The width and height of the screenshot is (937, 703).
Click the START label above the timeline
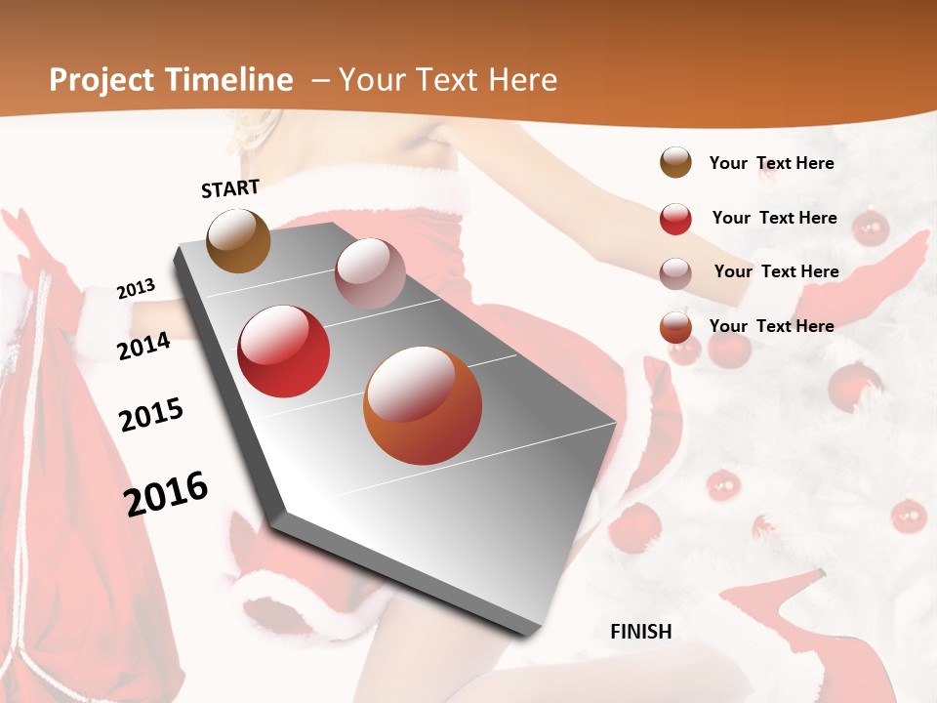(x=230, y=188)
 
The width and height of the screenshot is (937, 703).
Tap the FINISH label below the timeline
(x=641, y=632)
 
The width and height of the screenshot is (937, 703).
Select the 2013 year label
(x=136, y=289)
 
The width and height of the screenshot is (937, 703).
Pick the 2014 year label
(x=143, y=346)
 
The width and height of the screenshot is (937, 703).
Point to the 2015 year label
(x=151, y=415)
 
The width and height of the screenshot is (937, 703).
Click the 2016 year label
(x=166, y=493)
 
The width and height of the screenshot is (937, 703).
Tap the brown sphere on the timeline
(x=238, y=240)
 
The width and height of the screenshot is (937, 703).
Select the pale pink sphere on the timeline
(x=370, y=272)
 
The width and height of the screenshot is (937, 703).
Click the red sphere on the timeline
(x=284, y=351)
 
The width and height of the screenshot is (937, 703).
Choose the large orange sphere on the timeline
(x=423, y=405)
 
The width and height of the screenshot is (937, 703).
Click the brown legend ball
(x=675, y=163)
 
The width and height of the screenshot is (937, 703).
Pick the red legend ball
(x=675, y=219)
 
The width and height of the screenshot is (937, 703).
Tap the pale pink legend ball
(x=675, y=273)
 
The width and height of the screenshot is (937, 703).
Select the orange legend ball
(x=675, y=327)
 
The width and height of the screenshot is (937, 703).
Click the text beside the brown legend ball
(x=771, y=164)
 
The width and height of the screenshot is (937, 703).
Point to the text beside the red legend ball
(x=774, y=218)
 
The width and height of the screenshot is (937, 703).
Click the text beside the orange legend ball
(x=771, y=326)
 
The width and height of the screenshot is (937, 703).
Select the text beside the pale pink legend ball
(x=776, y=271)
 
